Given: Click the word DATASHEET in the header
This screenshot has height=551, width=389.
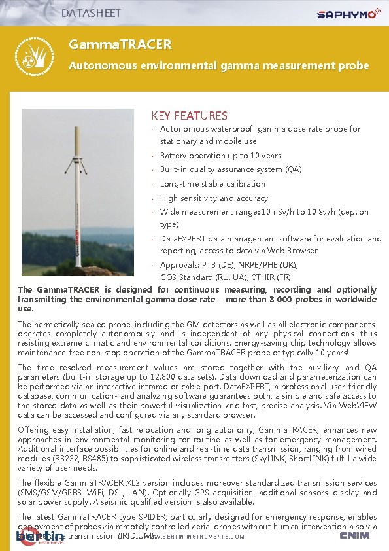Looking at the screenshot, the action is pyautogui.click(x=91, y=12).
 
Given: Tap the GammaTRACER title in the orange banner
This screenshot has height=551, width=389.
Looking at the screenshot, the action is pyautogui.click(x=120, y=44).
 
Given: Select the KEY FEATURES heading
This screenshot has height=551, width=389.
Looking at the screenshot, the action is pyautogui.click(x=190, y=116).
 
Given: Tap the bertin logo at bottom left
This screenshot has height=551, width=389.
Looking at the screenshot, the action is pyautogui.click(x=40, y=537).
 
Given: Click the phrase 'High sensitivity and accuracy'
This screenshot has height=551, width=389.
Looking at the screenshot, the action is pyautogui.click(x=214, y=198).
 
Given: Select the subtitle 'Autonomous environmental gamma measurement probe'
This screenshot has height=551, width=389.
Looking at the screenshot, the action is pyautogui.click(x=219, y=65).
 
